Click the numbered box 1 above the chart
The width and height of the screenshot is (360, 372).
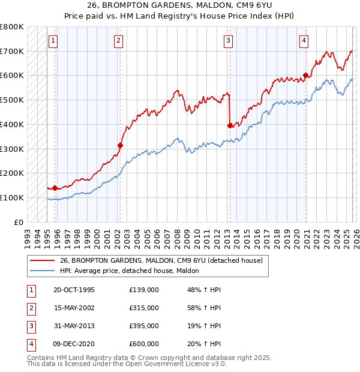(53, 41)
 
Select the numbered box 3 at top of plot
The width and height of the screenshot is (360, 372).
(229, 41)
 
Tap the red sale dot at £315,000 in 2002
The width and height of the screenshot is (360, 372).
(120, 145)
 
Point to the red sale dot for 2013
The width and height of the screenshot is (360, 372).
(230, 125)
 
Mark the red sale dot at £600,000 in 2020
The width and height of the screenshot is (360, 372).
(305, 76)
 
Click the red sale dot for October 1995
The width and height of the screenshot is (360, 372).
(55, 188)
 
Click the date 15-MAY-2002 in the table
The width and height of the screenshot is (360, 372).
(74, 308)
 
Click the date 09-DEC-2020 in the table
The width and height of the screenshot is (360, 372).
(74, 344)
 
